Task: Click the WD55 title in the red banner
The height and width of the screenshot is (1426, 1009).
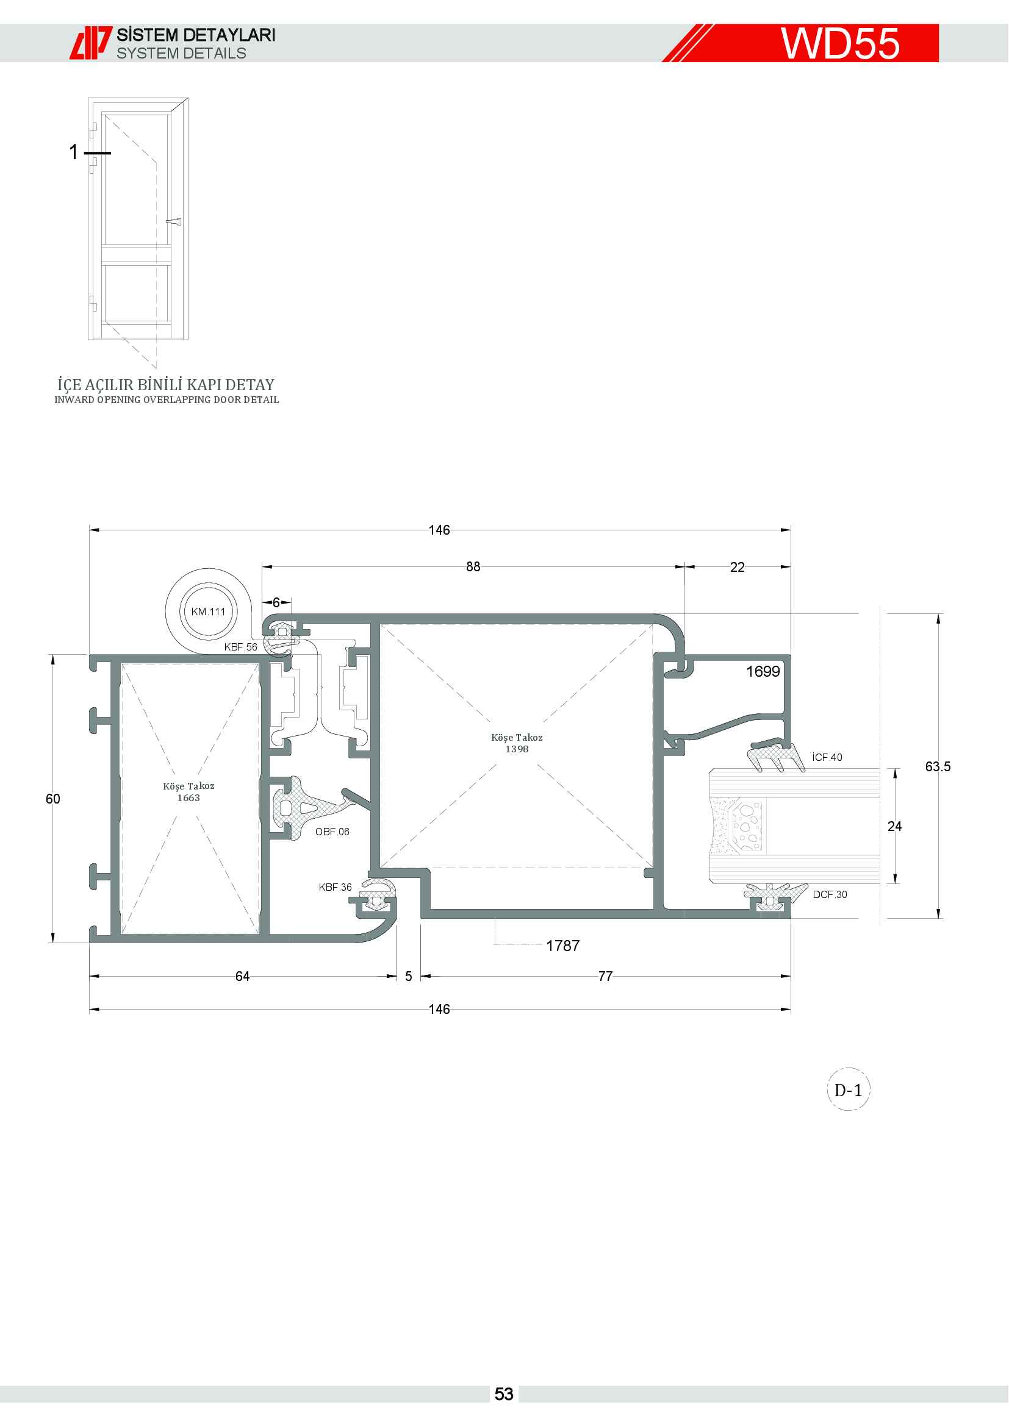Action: click(840, 43)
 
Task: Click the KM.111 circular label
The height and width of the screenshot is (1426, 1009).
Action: click(208, 611)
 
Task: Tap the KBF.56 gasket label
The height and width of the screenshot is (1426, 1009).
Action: click(240, 647)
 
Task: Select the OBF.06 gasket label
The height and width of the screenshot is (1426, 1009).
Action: click(332, 832)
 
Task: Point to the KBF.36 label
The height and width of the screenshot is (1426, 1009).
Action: click(335, 887)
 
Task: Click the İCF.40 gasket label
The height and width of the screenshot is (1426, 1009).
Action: click(827, 757)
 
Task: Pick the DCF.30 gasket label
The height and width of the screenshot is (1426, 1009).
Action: click(830, 894)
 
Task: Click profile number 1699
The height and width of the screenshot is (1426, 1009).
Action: click(763, 671)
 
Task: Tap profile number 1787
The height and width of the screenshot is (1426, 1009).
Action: click(563, 946)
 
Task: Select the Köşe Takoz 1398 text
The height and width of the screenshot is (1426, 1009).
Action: click(517, 743)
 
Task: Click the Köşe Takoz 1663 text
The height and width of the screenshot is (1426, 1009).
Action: click(189, 792)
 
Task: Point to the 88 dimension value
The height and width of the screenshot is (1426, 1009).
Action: click(473, 566)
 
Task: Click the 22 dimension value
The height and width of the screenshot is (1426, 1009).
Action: click(738, 567)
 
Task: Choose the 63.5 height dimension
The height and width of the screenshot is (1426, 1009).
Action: click(938, 766)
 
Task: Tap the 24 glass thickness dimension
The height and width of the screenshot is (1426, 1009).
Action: click(895, 826)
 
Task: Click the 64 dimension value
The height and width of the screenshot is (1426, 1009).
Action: click(242, 976)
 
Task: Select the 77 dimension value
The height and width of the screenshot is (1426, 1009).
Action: click(606, 976)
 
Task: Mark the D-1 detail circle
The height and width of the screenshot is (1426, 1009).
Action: click(848, 1090)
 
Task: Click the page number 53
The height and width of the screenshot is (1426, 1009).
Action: click(504, 1394)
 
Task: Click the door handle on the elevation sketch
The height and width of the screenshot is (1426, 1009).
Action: click(174, 221)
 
